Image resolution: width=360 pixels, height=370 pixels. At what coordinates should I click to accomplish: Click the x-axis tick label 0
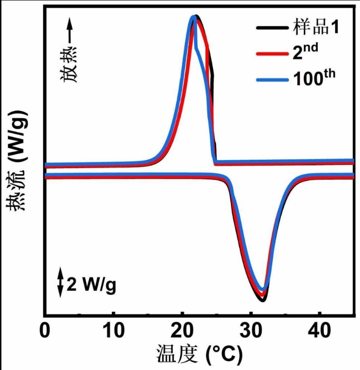click(44, 332)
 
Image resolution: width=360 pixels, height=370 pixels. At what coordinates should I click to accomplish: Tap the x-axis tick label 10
click(113, 332)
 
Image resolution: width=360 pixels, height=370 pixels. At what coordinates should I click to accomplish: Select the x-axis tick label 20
click(182, 332)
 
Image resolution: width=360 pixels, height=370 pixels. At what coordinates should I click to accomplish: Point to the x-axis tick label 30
click(250, 332)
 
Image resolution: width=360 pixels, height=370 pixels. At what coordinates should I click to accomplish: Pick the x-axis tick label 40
click(319, 332)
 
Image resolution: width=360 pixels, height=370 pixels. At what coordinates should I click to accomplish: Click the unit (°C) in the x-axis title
click(224, 356)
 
